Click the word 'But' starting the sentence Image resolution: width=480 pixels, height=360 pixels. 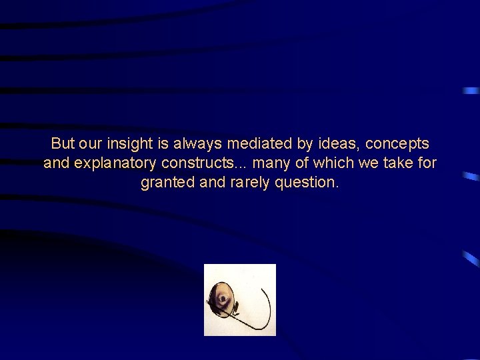pos(63,143)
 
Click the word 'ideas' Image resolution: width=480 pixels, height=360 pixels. pos(339,143)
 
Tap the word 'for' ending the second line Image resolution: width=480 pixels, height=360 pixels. pos(427,163)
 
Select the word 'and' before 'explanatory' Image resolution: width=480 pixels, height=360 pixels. pos(55,163)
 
